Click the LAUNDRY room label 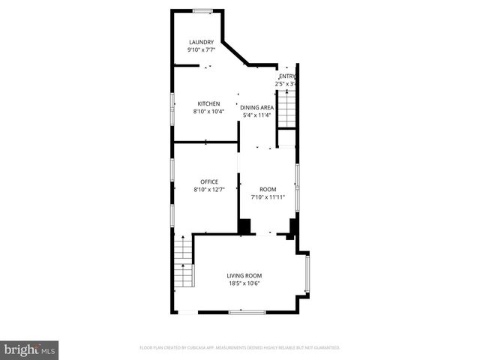201,42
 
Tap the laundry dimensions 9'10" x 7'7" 201,50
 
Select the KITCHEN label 208,103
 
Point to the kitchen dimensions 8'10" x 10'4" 208,112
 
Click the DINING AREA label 257,107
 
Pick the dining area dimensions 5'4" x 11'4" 257,115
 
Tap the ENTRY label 287,76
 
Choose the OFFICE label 208,182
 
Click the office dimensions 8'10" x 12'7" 208,190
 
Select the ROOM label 268,189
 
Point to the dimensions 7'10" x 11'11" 268,197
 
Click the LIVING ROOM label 244,276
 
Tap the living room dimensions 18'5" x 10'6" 244,284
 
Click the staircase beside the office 183,262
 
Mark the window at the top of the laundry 202,10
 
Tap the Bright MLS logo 30,349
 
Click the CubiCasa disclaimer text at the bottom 240,348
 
